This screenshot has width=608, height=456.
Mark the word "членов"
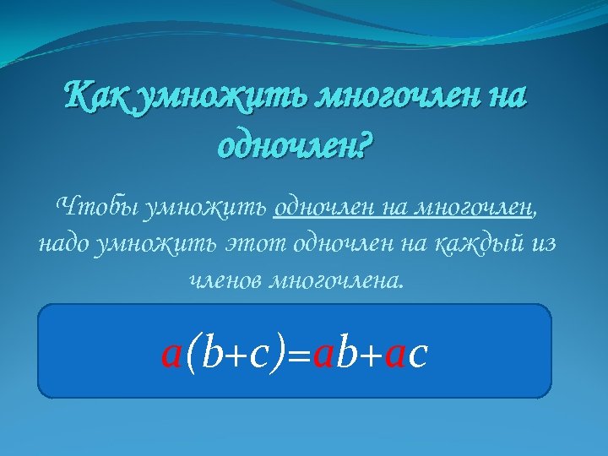point(225,280)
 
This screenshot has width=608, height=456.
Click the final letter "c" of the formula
point(416,356)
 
